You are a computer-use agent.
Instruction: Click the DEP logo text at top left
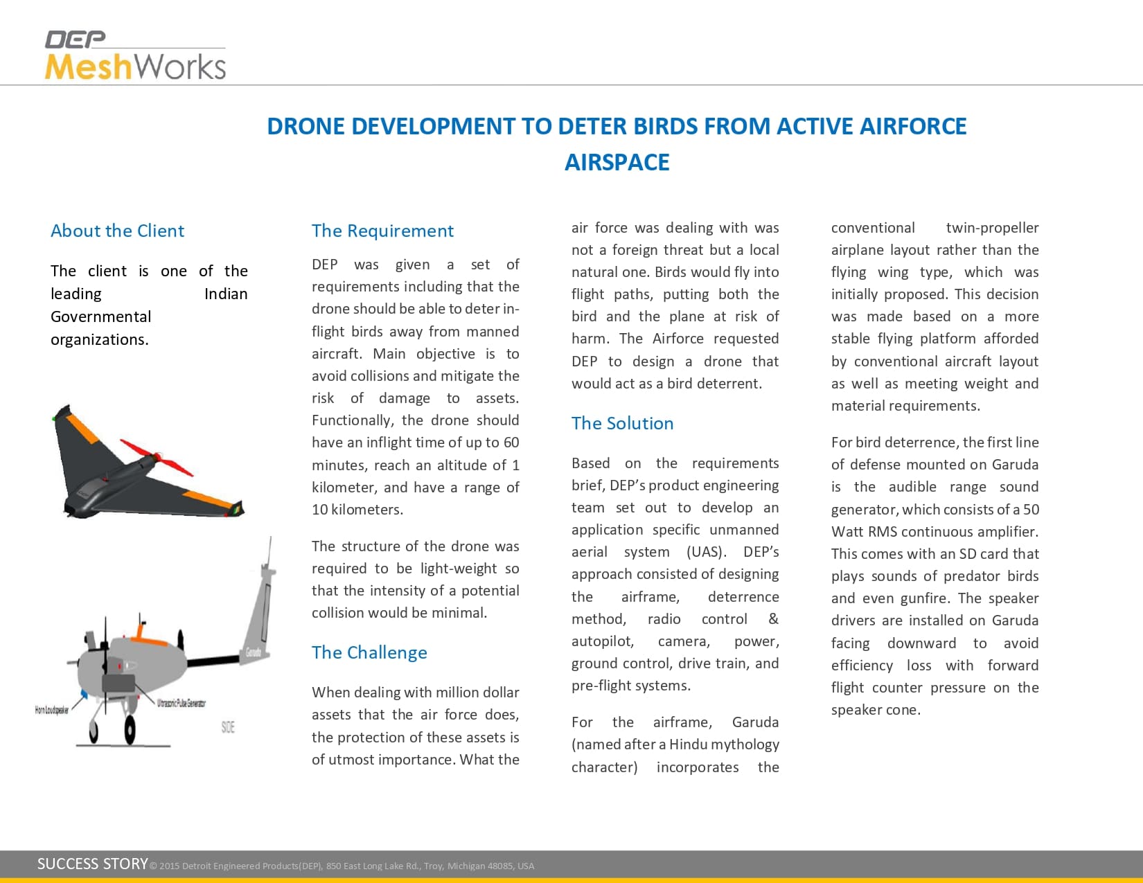pos(75,39)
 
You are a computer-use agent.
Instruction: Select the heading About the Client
pos(117,231)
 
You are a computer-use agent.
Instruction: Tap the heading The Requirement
pos(382,231)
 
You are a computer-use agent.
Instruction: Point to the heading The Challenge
pos(369,652)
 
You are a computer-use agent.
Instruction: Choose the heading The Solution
pos(622,423)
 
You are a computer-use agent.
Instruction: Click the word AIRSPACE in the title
pos(617,162)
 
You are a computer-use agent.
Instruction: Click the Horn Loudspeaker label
pos(52,710)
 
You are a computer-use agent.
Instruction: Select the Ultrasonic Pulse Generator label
pos(181,703)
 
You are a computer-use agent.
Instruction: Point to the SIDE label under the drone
pos(228,726)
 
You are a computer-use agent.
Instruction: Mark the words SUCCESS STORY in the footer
pos(92,864)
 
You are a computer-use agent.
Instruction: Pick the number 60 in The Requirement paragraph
pos(511,443)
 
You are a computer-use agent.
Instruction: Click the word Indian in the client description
pos(226,294)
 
